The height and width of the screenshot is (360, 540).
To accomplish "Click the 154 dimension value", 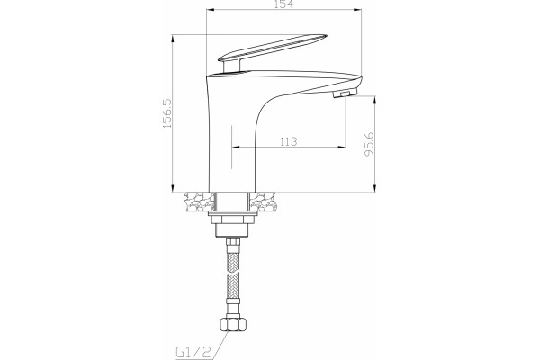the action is click(x=283, y=4).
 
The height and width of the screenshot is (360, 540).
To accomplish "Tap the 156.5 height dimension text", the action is click(x=166, y=113).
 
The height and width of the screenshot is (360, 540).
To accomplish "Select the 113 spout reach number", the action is click(x=288, y=141).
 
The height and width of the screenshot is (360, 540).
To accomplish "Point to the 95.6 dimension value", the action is click(x=369, y=144).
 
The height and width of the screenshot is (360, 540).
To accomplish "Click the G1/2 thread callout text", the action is click(x=193, y=352).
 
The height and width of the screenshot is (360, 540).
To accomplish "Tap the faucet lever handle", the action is click(x=272, y=48).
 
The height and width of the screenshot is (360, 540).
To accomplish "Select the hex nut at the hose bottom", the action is click(x=233, y=324).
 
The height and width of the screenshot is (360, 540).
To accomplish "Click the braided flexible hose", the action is click(x=233, y=272).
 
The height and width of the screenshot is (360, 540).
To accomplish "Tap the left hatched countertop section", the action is click(x=199, y=202).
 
